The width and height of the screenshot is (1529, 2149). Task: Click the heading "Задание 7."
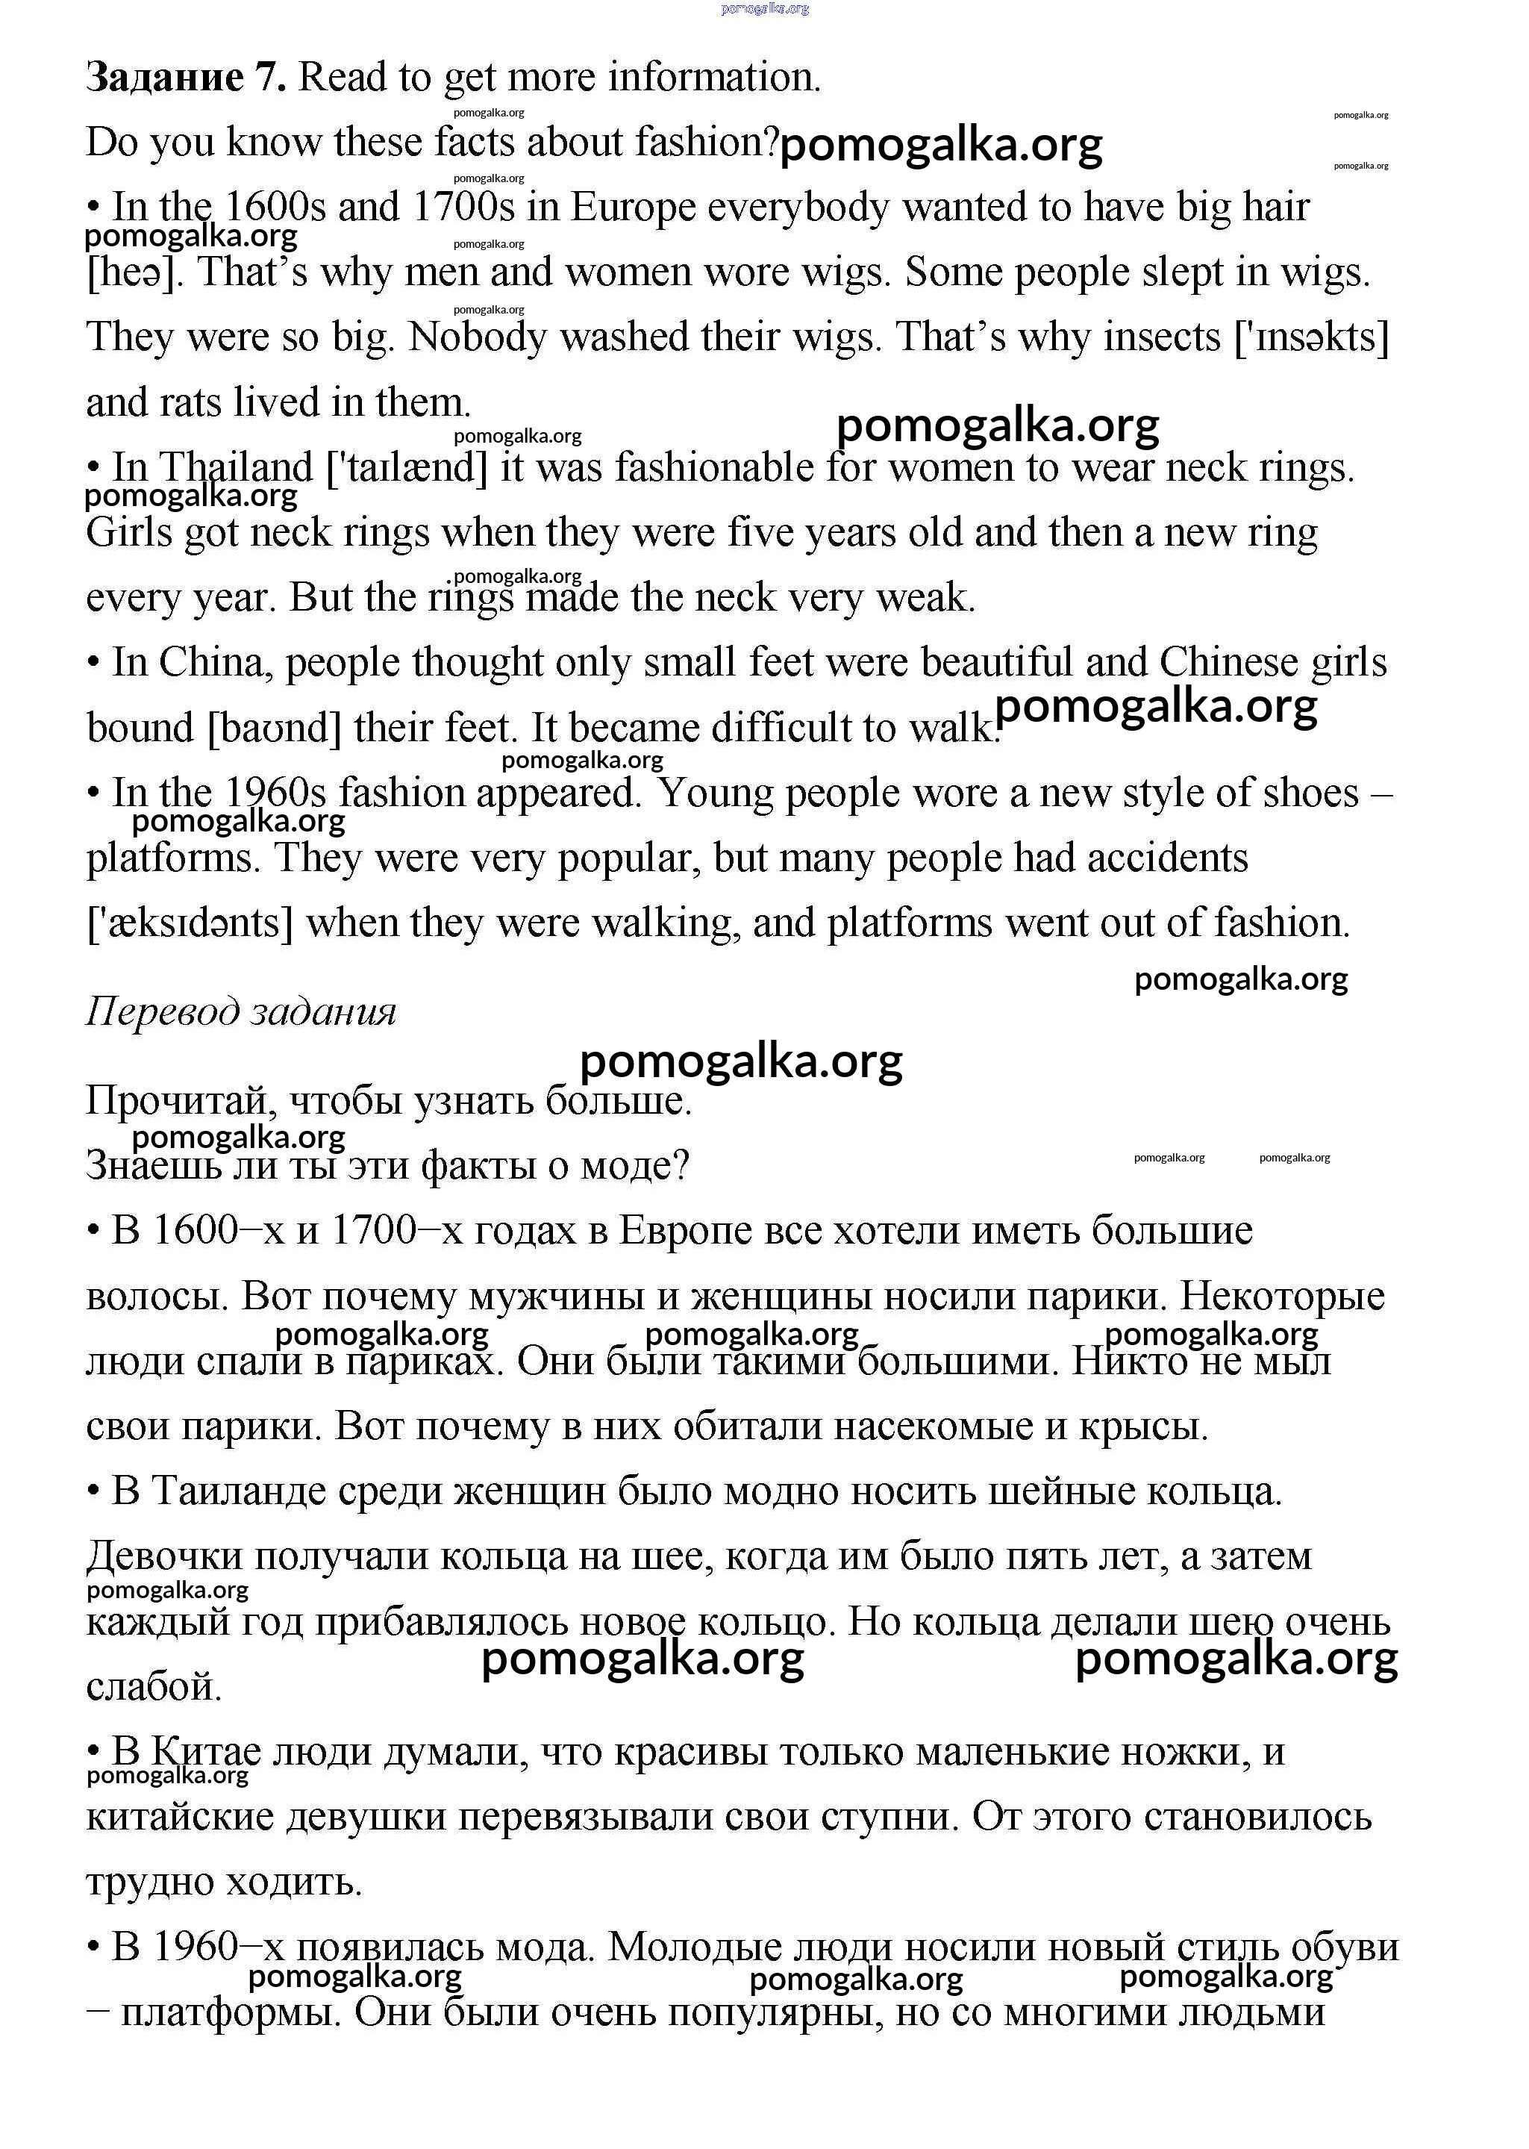tap(186, 77)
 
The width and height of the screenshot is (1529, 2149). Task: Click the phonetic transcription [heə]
tap(133, 273)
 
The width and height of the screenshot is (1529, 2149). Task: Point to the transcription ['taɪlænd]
tap(407, 468)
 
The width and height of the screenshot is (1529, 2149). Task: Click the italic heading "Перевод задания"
tap(241, 1011)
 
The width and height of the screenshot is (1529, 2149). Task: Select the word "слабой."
tap(154, 1687)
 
